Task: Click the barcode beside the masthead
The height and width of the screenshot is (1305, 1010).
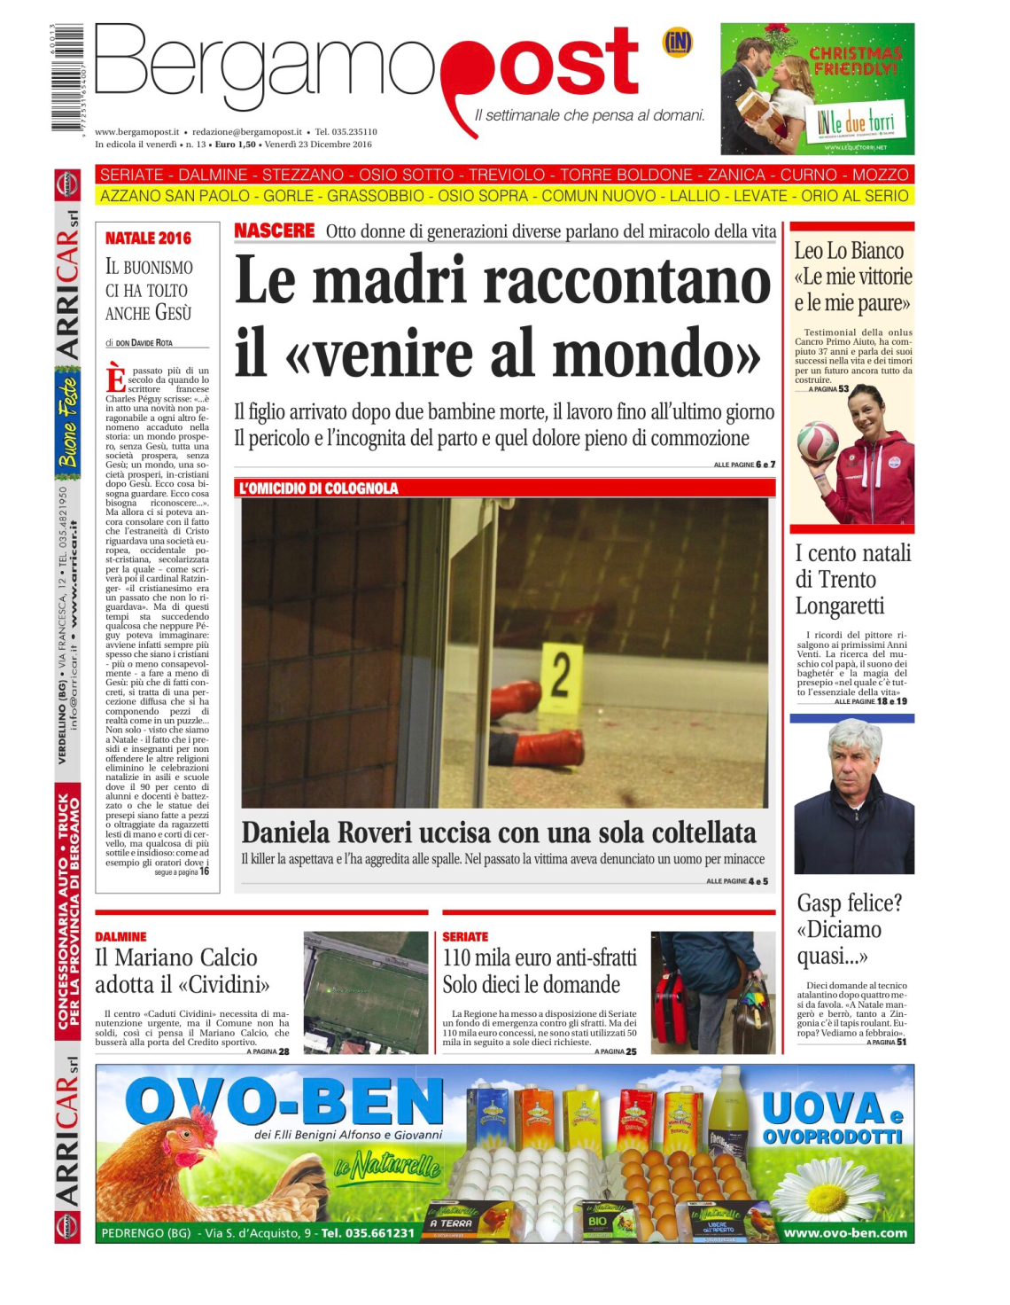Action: coord(67,78)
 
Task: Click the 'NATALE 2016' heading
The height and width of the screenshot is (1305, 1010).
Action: coord(148,238)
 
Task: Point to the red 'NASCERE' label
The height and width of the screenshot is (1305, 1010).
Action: coord(274,231)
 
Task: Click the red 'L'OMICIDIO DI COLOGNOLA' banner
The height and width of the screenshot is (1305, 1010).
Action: coord(318,488)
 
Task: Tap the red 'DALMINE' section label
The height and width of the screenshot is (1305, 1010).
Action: coord(120,936)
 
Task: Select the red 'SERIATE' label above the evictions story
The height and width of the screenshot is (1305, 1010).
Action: coord(465,936)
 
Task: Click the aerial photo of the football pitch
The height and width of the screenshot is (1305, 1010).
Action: coord(365,992)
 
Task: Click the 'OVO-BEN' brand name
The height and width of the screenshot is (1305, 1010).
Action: coord(284,1102)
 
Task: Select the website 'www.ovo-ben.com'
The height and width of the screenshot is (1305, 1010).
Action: coord(844,1232)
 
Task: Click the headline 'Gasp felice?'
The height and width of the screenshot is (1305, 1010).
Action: coord(849,903)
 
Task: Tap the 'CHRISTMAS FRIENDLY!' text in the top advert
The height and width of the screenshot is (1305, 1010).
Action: coord(855,60)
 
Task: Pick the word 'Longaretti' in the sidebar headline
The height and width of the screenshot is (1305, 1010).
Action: coord(839,606)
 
